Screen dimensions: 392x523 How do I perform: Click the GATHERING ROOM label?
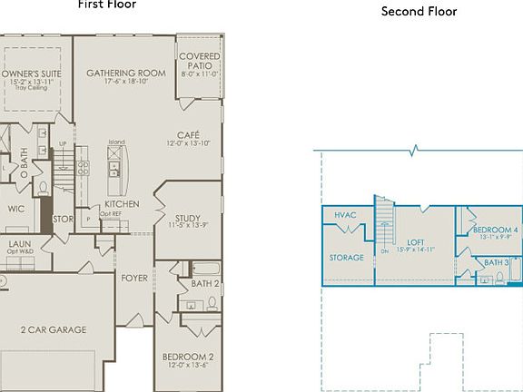click(x=125, y=73)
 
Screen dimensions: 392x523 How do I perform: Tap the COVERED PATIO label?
click(x=199, y=62)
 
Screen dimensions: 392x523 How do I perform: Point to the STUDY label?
click(x=188, y=218)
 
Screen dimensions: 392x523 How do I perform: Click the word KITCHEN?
click(x=122, y=204)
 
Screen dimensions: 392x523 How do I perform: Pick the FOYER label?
click(x=135, y=278)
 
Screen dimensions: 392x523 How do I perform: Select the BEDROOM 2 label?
click(x=188, y=357)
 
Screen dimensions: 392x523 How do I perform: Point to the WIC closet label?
click(x=15, y=209)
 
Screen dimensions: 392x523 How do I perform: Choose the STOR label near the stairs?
click(x=63, y=219)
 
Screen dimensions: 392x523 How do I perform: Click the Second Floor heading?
click(x=419, y=12)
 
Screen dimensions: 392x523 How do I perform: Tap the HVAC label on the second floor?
click(x=345, y=215)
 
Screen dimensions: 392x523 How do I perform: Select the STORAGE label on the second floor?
click(x=346, y=258)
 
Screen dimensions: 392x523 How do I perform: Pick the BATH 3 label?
click(x=495, y=263)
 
